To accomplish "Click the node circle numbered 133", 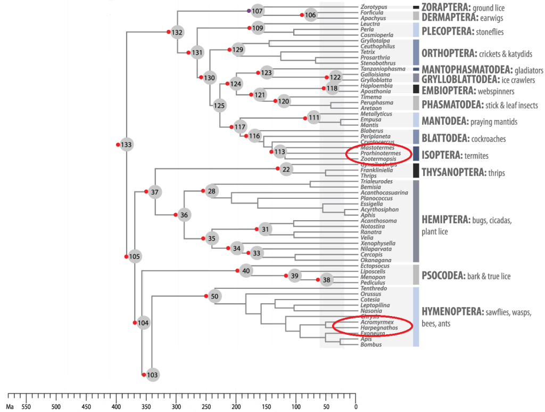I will pyautogui.click(x=126, y=145).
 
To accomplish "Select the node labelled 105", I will pyautogui.click(x=135, y=257).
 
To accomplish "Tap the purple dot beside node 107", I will pyautogui.click(x=249, y=11).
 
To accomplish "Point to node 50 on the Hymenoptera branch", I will pyautogui.click(x=214, y=296).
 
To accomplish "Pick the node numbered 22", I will pyautogui.click(x=286, y=169).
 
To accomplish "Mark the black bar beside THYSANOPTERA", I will pyautogui.click(x=416, y=170).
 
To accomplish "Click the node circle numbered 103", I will pyautogui.click(x=153, y=375).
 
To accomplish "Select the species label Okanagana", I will pyautogui.click(x=375, y=260).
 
